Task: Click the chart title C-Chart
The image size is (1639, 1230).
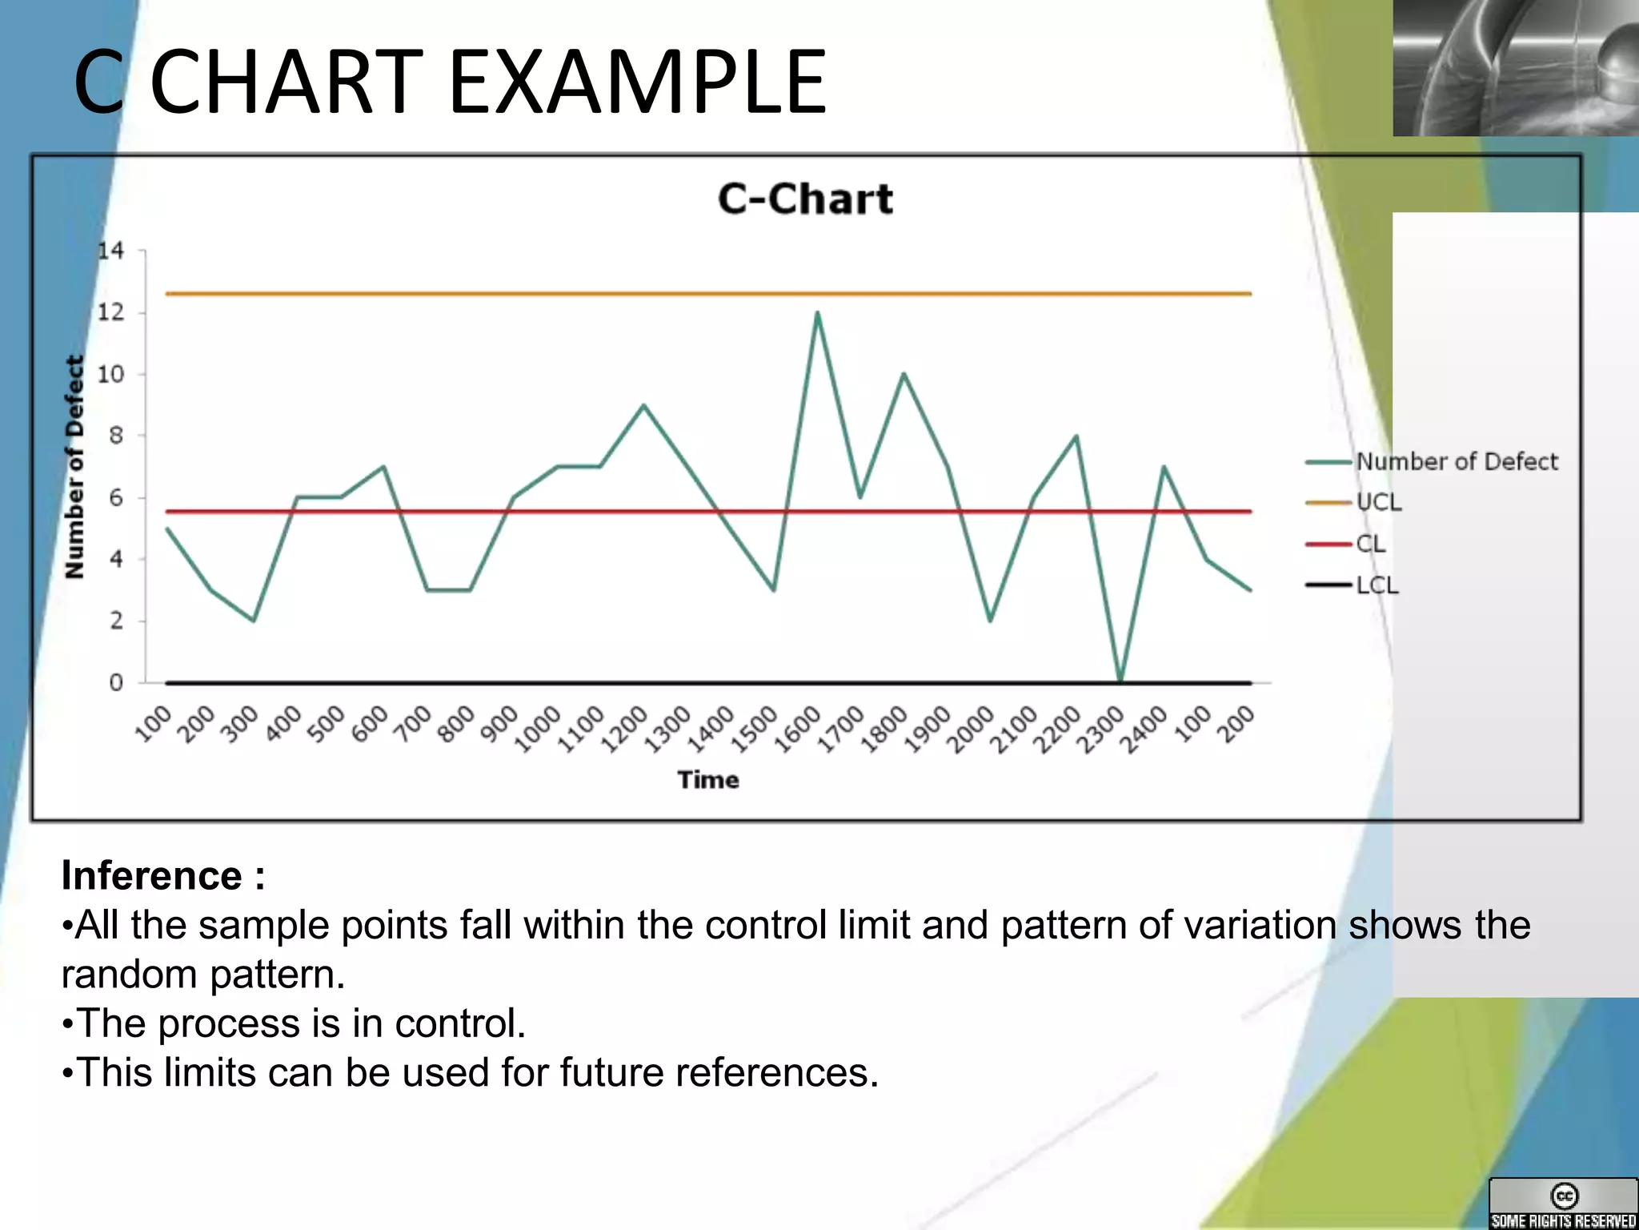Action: point(805,199)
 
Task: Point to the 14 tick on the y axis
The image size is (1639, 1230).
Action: point(111,251)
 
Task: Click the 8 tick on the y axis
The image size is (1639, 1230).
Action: point(116,436)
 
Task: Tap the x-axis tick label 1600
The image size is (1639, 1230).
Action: point(798,729)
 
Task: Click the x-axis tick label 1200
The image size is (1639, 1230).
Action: point(624,729)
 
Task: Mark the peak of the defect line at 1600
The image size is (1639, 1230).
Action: point(817,312)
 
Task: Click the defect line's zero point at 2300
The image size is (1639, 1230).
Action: point(1120,681)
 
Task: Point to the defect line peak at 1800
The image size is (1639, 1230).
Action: point(904,374)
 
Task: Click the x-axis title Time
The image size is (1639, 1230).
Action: point(708,780)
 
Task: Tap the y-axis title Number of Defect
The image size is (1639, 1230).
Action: point(74,467)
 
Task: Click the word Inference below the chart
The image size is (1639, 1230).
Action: point(152,875)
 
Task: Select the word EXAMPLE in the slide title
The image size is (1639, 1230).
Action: point(637,82)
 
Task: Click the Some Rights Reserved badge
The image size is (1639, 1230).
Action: point(1563,1204)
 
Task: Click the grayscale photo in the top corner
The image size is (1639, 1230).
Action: point(1515,67)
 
